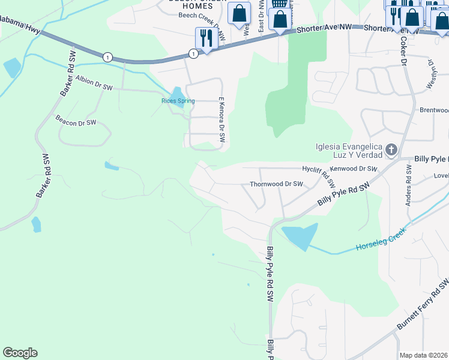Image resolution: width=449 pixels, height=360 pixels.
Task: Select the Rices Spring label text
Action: (178, 101)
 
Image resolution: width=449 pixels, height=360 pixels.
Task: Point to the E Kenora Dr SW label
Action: (221, 119)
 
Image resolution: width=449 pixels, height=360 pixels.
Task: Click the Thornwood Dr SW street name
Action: (276, 184)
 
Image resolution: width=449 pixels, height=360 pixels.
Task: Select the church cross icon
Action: (391, 149)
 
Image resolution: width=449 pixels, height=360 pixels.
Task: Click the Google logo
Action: (20, 353)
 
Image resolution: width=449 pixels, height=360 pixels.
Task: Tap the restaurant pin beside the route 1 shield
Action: (205, 39)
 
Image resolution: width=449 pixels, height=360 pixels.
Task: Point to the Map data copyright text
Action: (423, 355)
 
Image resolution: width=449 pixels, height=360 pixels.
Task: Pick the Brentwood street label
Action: (434, 110)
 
